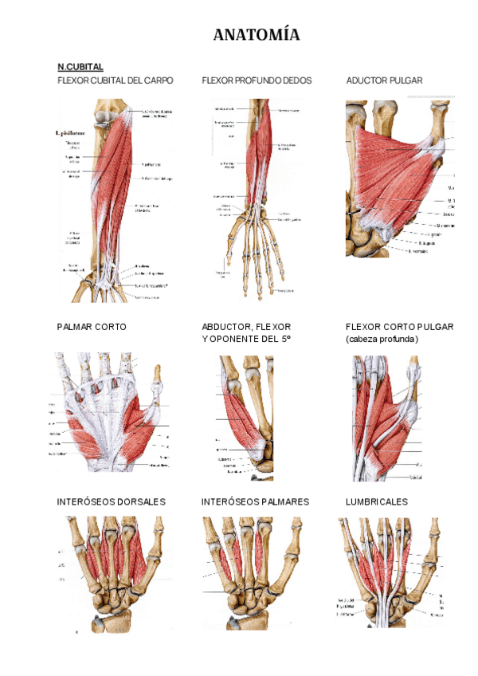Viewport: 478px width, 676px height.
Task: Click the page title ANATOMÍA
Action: pos(257,35)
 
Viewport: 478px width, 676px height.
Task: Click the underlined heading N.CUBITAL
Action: pos(80,67)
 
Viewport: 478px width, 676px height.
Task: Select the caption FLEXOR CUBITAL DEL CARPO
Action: pos(115,81)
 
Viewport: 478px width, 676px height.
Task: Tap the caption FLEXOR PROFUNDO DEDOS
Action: pos(257,81)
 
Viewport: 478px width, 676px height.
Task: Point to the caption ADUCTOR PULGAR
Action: pos(384,81)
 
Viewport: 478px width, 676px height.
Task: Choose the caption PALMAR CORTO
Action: pos(92,327)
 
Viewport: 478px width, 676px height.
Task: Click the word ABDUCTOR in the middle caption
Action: pos(225,327)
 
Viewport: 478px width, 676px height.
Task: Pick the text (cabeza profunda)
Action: pos(382,340)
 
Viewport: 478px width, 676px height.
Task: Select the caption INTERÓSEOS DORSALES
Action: pos(111,501)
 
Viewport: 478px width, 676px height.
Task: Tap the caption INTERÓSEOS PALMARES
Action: pos(255,501)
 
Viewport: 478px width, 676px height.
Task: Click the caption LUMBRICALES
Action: pos(376,501)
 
